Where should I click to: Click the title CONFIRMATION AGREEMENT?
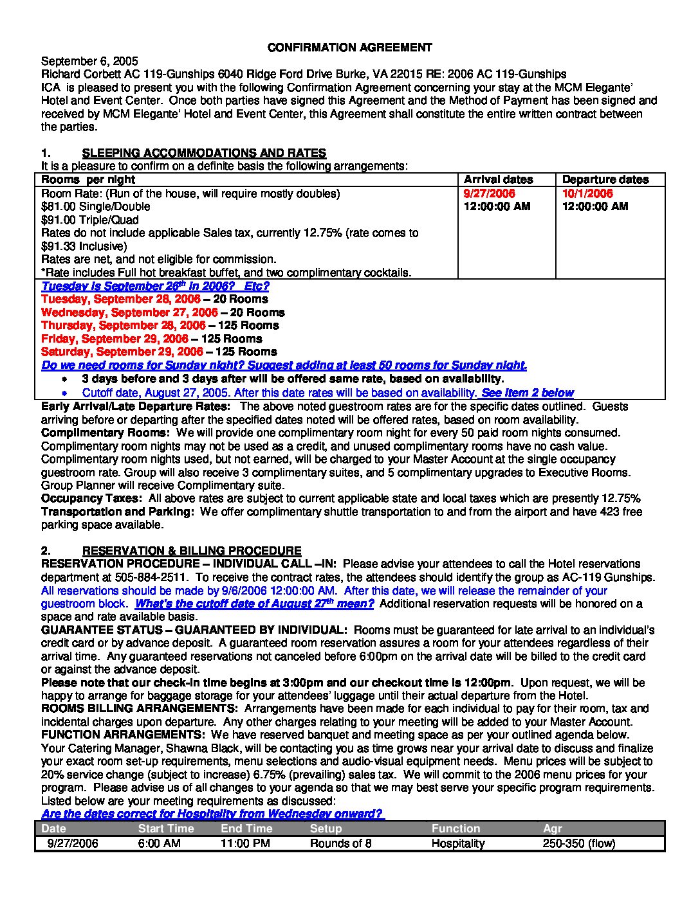(x=349, y=48)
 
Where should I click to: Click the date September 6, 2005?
(x=89, y=61)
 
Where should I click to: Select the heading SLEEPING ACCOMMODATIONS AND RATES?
(x=204, y=153)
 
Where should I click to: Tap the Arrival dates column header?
(x=498, y=180)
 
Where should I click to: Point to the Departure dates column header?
(x=605, y=180)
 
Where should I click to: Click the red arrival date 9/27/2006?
(x=490, y=193)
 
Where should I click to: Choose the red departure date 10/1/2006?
(x=587, y=193)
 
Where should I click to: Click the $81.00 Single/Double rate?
(x=96, y=207)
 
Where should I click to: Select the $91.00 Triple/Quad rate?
(x=90, y=220)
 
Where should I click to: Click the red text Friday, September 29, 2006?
(x=115, y=339)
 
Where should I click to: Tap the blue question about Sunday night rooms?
(x=284, y=365)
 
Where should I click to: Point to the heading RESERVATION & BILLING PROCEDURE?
(x=192, y=551)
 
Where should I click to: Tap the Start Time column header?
(x=165, y=829)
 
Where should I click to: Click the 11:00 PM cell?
(x=245, y=843)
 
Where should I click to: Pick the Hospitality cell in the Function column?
(x=457, y=843)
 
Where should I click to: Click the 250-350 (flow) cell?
(x=579, y=843)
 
